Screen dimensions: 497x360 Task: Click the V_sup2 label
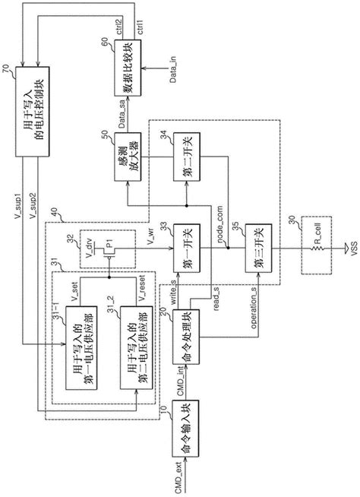tap(29, 205)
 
